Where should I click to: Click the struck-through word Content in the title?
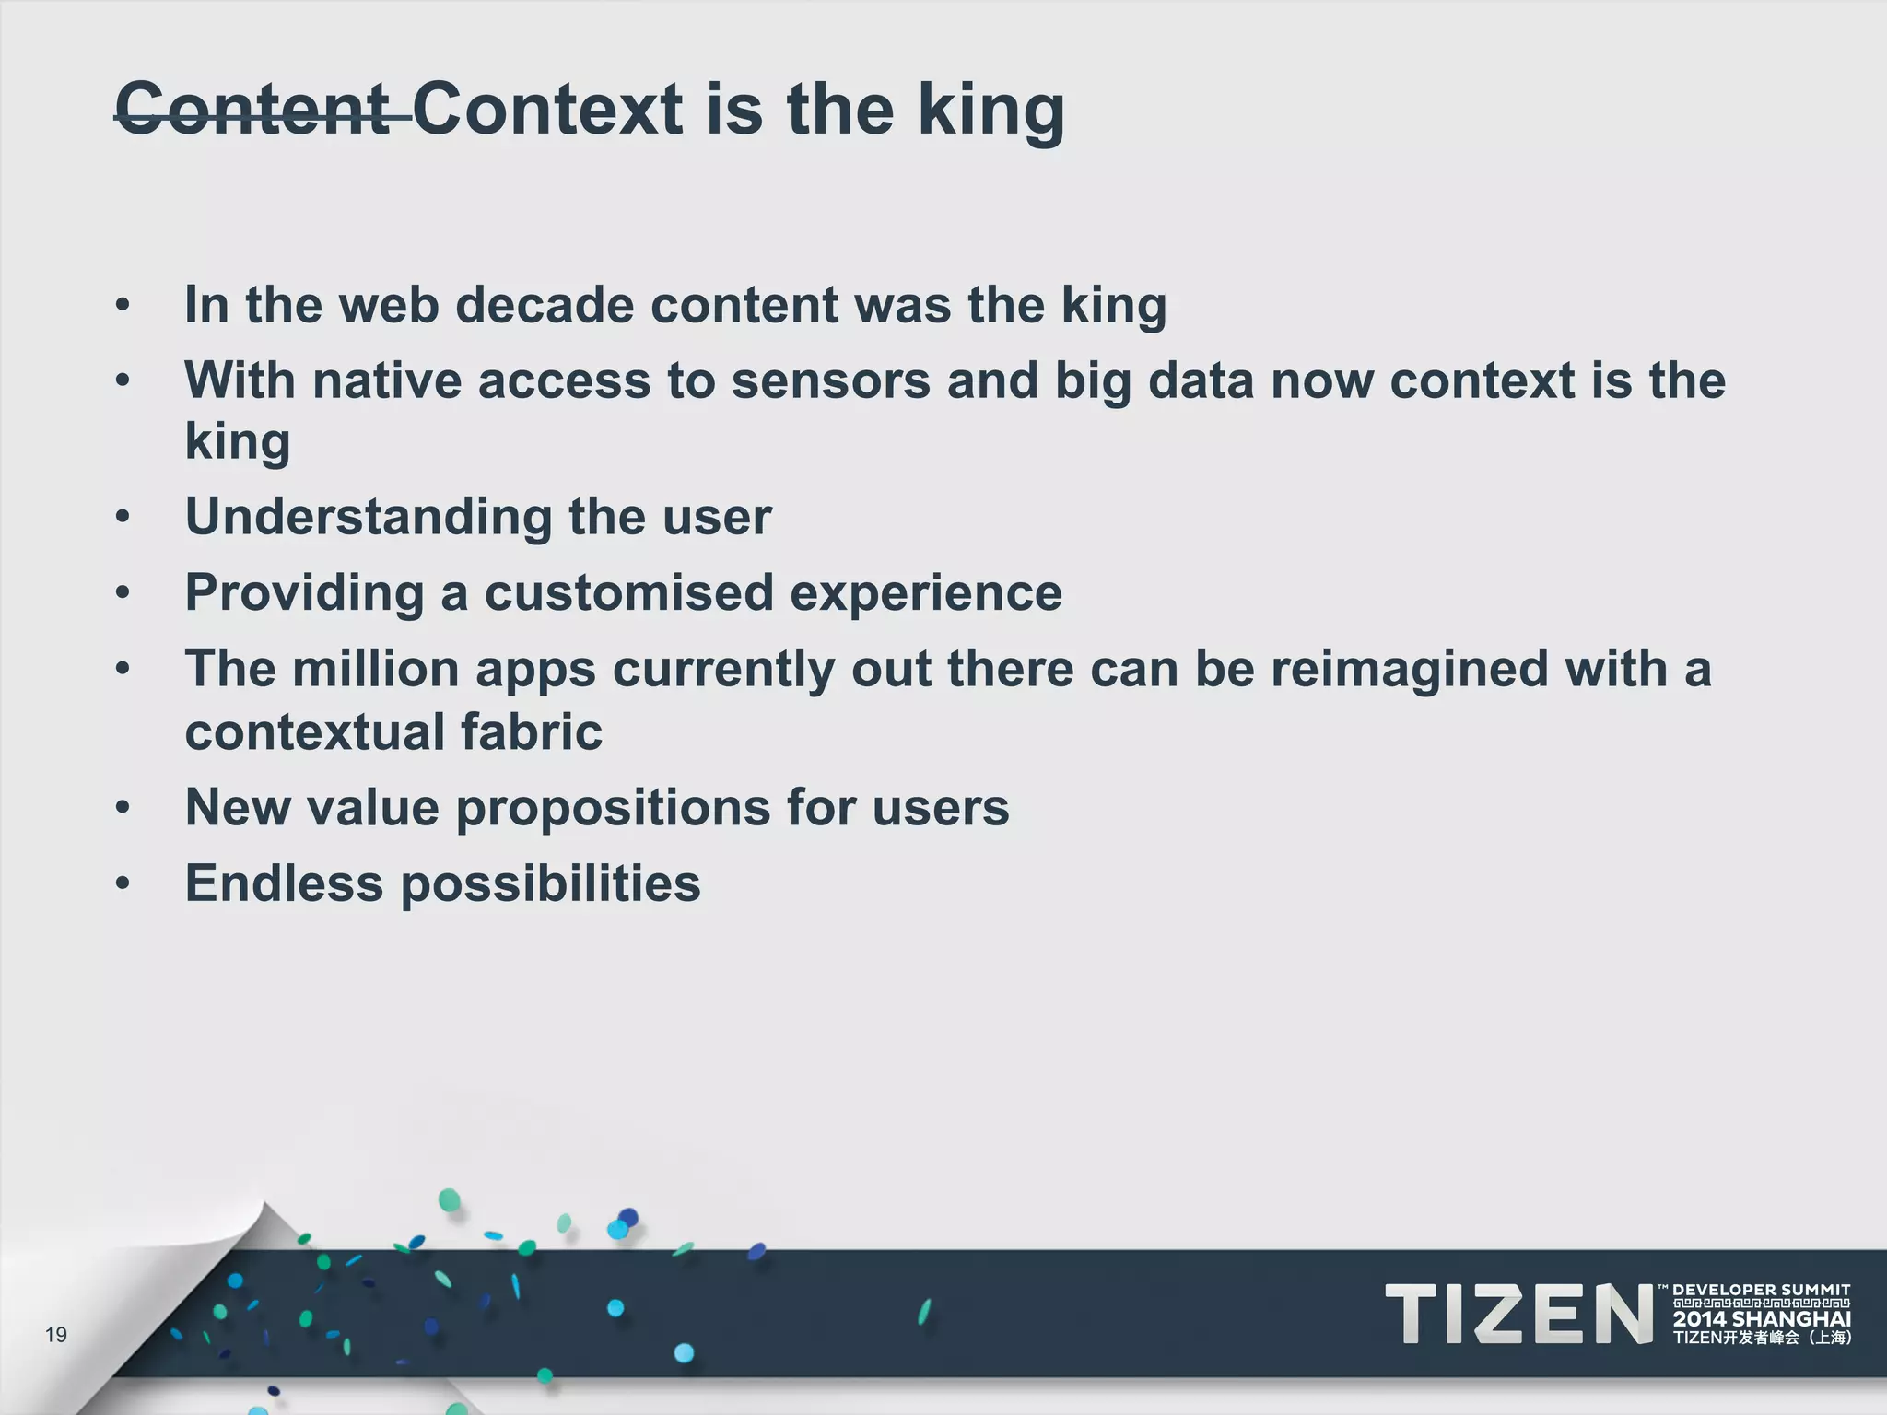coord(253,111)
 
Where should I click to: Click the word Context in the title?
coord(549,111)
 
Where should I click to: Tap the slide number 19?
coord(56,1335)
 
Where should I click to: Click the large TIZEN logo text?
coord(1518,1315)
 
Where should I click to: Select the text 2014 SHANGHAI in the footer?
coord(1762,1319)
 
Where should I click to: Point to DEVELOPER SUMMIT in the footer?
coord(1761,1290)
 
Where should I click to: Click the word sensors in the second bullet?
coord(830,380)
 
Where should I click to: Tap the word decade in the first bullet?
coord(544,305)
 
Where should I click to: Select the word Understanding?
coord(369,517)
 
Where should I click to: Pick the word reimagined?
coord(1409,669)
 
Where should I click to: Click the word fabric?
coord(531,732)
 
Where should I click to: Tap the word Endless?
coord(284,883)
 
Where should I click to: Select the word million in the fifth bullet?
coord(375,669)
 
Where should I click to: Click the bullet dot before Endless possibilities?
coord(123,883)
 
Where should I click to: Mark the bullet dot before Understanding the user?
coord(123,517)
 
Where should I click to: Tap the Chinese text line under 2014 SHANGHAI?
coord(1762,1339)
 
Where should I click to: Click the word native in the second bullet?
coord(387,380)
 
